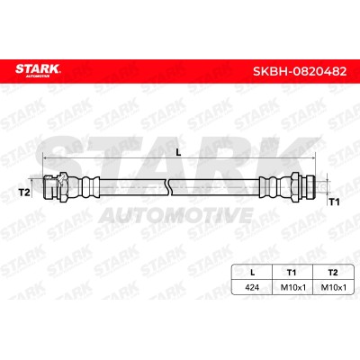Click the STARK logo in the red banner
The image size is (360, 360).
pyautogui.click(x=38, y=70)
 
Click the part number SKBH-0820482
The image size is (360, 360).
pyautogui.click(x=300, y=71)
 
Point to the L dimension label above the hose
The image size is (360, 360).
pyautogui.click(x=178, y=153)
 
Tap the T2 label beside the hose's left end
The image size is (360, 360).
pyautogui.click(x=24, y=193)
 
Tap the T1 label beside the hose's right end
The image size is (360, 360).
pyautogui.click(x=334, y=202)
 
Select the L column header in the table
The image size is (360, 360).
pyautogui.click(x=252, y=273)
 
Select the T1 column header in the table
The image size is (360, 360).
pyautogui.click(x=292, y=273)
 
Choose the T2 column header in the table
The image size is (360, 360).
pyautogui.click(x=333, y=273)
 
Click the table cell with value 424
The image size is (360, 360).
pyautogui.click(x=252, y=287)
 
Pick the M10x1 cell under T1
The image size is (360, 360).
pyautogui.click(x=292, y=287)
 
